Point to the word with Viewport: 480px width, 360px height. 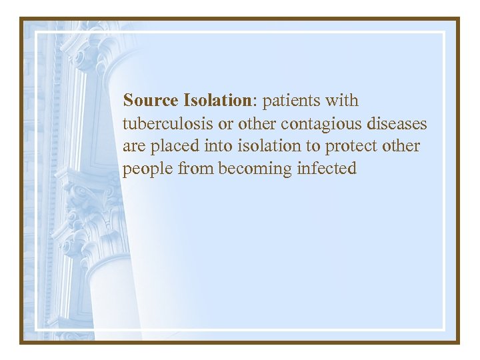[343, 101]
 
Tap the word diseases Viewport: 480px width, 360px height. [395, 124]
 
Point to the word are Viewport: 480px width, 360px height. [133, 147]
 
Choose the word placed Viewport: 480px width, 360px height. [169, 147]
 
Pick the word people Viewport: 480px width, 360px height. [147, 169]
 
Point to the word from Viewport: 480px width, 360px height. [195, 169]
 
